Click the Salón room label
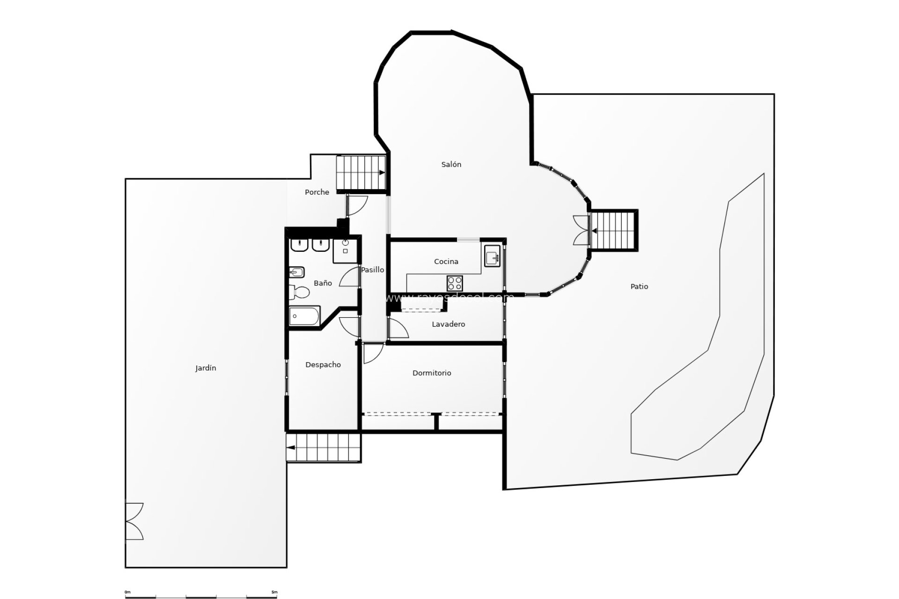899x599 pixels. coord(451,164)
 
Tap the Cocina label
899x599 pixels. coord(446,262)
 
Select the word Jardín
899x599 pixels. coord(206,368)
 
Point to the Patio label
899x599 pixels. coord(639,286)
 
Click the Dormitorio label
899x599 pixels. coord(432,373)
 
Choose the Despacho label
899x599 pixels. coord(323,365)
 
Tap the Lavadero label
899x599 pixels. coord(448,324)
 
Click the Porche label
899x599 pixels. coord(317,192)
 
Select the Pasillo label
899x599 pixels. coord(373,270)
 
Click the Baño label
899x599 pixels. coord(323,283)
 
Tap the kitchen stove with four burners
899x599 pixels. coord(455,283)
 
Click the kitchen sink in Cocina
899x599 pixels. coord(493,257)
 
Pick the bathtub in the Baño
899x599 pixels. coord(304,316)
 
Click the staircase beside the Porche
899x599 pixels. coord(361,173)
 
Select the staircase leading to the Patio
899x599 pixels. coord(613,231)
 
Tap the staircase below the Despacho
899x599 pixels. coord(324,447)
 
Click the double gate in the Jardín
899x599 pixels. coord(134,521)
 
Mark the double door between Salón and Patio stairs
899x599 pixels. coord(581,230)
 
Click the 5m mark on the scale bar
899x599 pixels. coord(274,592)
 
